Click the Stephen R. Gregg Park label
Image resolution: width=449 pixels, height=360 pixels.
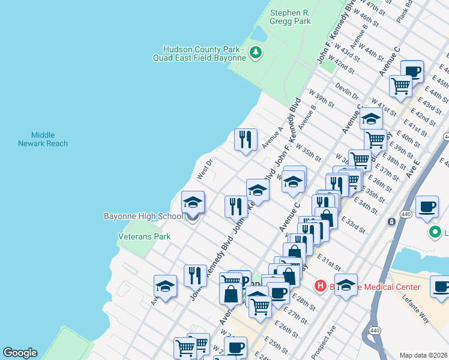click(291, 17)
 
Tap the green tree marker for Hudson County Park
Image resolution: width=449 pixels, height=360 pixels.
click(256, 53)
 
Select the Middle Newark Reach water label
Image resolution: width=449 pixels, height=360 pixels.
click(43, 139)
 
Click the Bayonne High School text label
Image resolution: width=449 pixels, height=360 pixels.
click(143, 216)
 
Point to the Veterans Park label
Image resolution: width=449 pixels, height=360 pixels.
click(144, 236)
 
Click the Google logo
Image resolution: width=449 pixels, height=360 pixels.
click(20, 353)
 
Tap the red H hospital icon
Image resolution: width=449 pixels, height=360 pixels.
click(321, 287)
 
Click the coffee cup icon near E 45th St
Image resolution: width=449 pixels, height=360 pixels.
click(412, 71)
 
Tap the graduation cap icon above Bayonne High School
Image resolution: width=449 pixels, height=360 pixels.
click(193, 201)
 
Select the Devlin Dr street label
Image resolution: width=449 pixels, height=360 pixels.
click(346, 92)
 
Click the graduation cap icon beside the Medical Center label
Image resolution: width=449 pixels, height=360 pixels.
click(346, 284)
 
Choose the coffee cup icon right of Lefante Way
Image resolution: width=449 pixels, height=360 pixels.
click(441, 286)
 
